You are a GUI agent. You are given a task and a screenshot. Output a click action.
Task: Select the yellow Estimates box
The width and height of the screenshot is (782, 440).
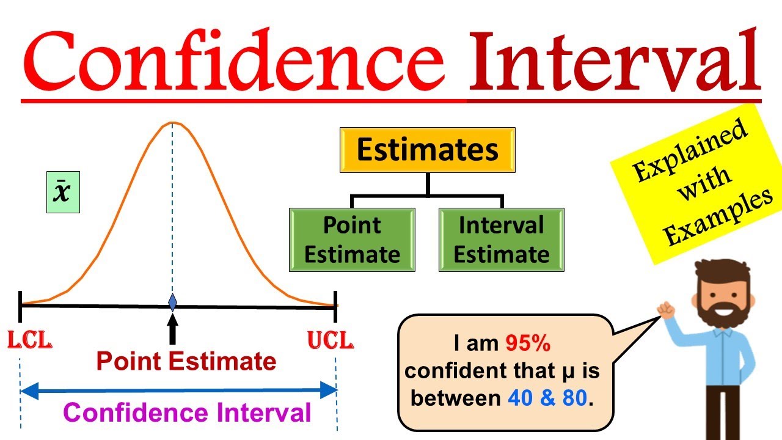click(x=428, y=150)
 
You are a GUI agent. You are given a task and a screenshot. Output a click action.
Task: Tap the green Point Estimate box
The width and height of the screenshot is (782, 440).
click(x=352, y=240)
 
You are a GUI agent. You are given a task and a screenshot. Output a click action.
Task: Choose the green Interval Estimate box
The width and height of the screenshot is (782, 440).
click(x=501, y=240)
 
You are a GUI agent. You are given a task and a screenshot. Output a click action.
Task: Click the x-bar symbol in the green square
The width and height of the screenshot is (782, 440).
click(x=63, y=193)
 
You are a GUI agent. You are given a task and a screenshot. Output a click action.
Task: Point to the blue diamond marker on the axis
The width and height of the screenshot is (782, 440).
click(x=172, y=302)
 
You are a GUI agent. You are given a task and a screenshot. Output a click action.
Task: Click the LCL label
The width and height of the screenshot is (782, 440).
click(x=29, y=340)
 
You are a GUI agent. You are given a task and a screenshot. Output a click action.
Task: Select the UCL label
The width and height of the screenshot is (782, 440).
click(x=331, y=340)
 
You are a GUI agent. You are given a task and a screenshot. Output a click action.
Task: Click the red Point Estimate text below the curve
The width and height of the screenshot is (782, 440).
click(x=186, y=362)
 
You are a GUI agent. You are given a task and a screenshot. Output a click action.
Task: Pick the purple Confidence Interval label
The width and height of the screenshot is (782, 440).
click(x=187, y=413)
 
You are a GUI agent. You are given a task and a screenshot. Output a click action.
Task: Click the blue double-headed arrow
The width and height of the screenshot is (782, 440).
click(x=178, y=389)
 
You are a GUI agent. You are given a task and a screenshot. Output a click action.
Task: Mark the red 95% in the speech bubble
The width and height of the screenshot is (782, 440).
click(x=528, y=344)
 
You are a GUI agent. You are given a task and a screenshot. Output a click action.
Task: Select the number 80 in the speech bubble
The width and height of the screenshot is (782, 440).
click(x=574, y=398)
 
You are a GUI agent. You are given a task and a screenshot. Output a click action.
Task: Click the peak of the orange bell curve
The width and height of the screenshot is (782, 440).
click(x=172, y=123)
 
